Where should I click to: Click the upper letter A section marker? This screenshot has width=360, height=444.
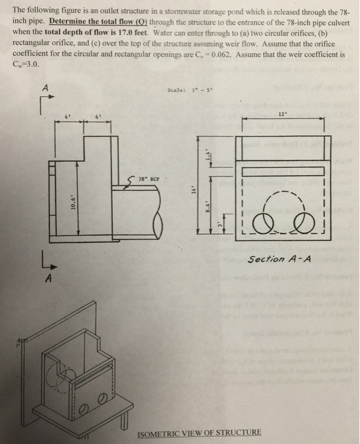pyautogui.click(x=44, y=89)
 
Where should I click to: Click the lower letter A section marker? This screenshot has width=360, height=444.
pyautogui.click(x=46, y=277)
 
